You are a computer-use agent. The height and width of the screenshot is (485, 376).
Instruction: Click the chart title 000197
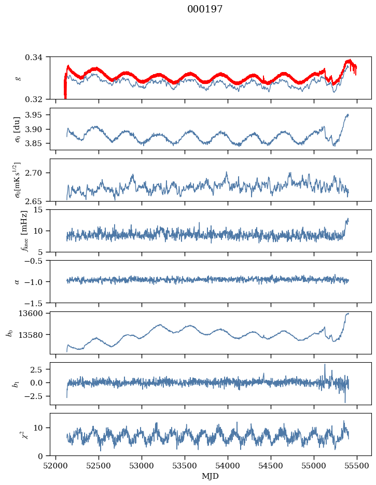pyautogui.click(x=205, y=9)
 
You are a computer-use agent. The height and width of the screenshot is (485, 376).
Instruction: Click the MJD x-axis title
pyautogui.click(x=211, y=476)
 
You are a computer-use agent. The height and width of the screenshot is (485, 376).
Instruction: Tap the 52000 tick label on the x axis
pyautogui.click(x=55, y=466)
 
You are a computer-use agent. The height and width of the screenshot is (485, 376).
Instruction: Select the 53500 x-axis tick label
pyautogui.click(x=185, y=466)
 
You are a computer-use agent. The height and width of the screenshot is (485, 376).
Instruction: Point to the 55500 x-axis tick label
pyautogui.click(x=357, y=466)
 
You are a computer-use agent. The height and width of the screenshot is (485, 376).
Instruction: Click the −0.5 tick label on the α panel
pyautogui.click(x=35, y=261)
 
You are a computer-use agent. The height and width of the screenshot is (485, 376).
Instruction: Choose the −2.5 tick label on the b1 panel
pyautogui.click(x=35, y=396)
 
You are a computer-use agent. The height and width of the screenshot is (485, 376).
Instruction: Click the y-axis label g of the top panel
pyautogui.click(x=18, y=78)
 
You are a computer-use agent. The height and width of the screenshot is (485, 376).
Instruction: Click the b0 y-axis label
pyautogui.click(x=10, y=333)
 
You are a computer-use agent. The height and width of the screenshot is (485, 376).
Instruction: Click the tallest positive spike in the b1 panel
pyautogui.click(x=325, y=365)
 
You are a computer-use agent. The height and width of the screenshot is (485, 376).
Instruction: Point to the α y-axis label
pyautogui.click(x=17, y=282)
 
